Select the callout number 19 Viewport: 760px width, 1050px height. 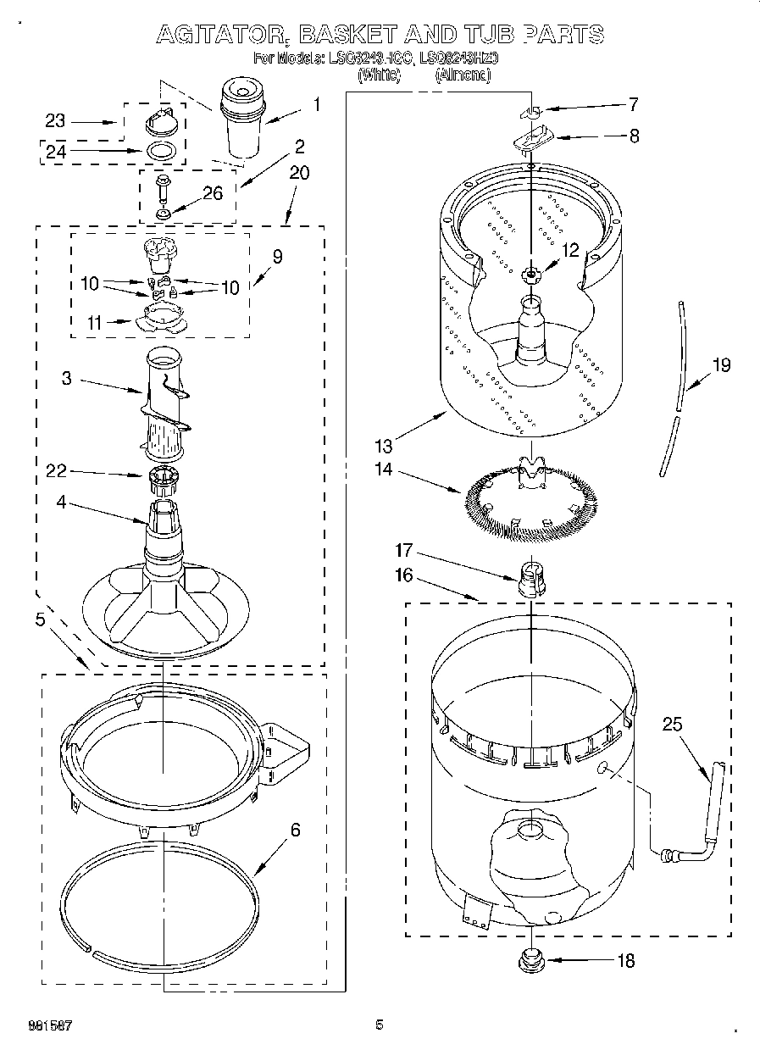click(720, 366)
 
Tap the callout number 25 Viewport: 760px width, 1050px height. click(672, 725)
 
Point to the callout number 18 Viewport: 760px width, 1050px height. click(626, 961)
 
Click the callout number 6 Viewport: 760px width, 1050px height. click(294, 831)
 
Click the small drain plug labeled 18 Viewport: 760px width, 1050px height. click(531, 960)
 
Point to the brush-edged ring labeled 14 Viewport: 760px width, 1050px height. click(530, 500)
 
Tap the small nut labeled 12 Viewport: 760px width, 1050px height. click(531, 273)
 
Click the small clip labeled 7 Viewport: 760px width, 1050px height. click(530, 111)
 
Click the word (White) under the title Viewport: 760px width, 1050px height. click(379, 75)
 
